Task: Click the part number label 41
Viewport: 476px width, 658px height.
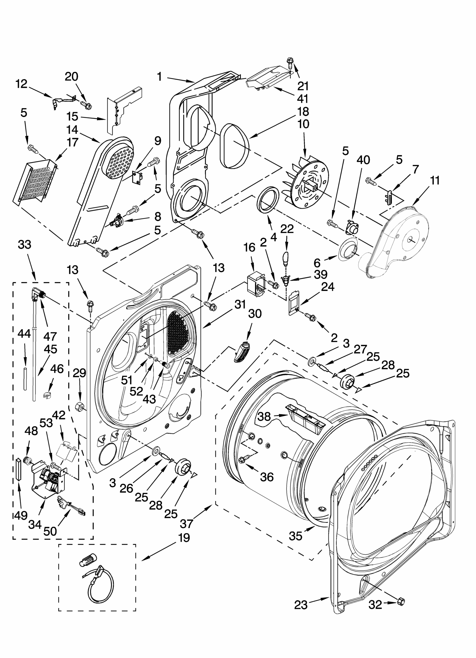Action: (x=302, y=99)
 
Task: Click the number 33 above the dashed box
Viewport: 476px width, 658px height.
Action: (x=24, y=245)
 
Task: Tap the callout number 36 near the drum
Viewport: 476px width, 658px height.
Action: (x=266, y=477)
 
